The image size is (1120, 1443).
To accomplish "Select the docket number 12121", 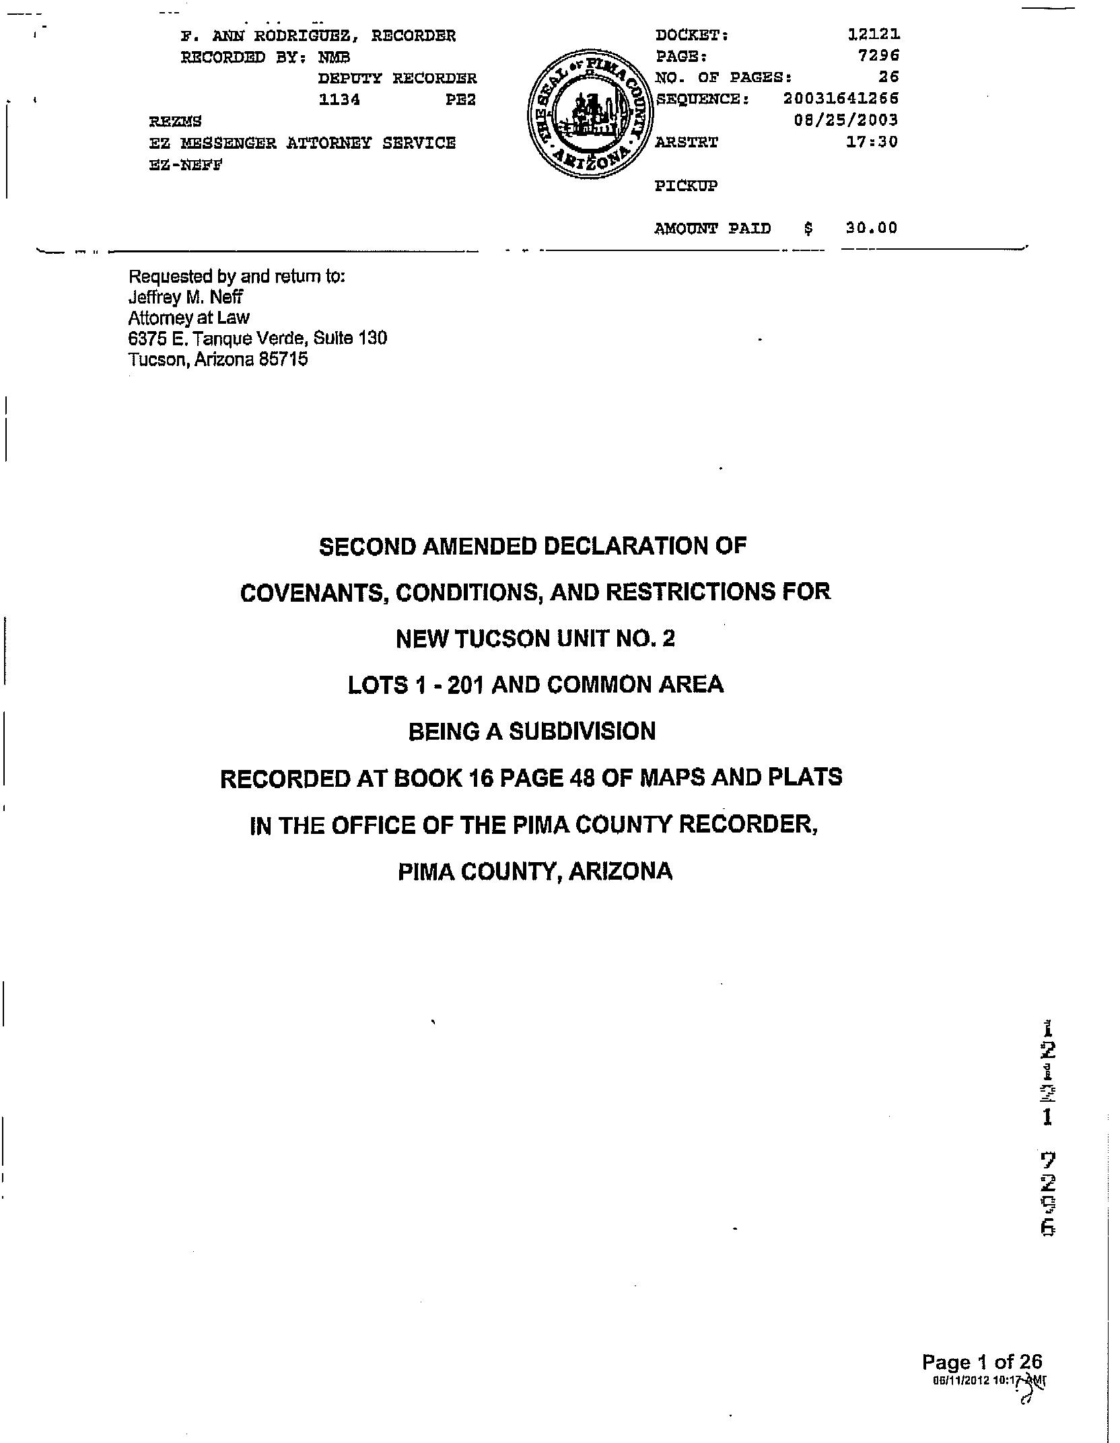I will [x=874, y=34].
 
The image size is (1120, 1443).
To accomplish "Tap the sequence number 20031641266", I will [x=841, y=99].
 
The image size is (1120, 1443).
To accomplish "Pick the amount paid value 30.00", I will [x=871, y=228].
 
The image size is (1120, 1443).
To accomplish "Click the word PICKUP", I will [x=686, y=186].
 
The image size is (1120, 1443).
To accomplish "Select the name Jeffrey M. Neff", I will [x=185, y=297].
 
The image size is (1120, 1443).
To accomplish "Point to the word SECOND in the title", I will [x=367, y=546].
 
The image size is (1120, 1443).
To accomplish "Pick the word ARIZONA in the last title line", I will [x=620, y=872].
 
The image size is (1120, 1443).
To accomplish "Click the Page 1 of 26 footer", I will [x=981, y=1362].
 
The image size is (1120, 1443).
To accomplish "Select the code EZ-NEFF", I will [x=185, y=165].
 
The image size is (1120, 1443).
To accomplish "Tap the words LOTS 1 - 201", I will [x=414, y=685].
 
